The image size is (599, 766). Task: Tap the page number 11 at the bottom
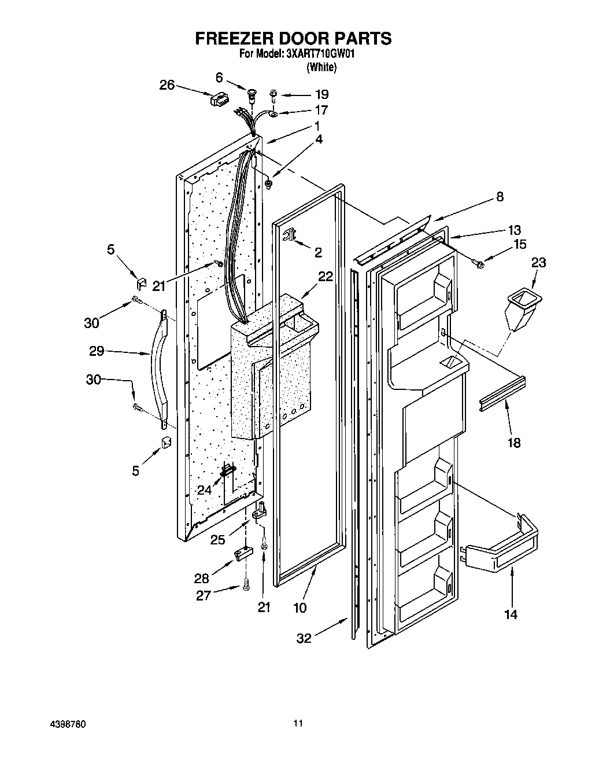(x=298, y=723)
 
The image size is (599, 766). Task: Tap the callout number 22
(x=325, y=277)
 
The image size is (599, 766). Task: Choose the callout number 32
(x=304, y=638)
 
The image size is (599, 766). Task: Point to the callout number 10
(x=300, y=607)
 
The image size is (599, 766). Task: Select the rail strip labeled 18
(x=502, y=395)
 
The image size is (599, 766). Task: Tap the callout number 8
(x=499, y=197)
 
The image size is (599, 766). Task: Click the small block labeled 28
(x=242, y=555)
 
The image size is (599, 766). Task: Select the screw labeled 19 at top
(x=275, y=94)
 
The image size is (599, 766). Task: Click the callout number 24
(x=204, y=489)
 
